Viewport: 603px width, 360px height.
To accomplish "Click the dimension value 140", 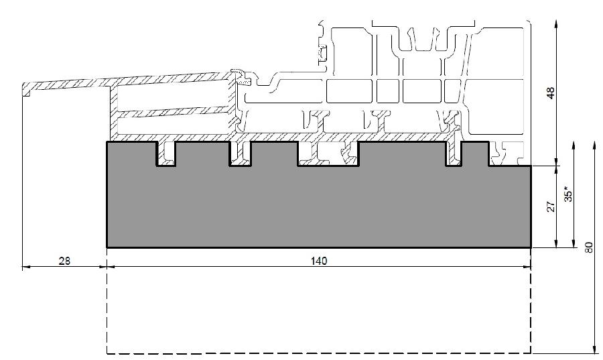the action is [319, 261].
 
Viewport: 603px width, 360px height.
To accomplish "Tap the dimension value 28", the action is [64, 261].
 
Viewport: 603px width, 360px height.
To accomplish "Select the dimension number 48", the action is [551, 93].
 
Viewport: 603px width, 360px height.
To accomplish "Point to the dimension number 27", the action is [551, 206].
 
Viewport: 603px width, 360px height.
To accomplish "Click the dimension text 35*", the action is [568, 194].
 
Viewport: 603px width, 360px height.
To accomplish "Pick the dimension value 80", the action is [589, 247].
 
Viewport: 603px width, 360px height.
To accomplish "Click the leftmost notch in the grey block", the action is [166, 154].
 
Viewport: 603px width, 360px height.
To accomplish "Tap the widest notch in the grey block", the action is [328, 154].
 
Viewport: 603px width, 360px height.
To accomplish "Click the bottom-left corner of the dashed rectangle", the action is [107, 353].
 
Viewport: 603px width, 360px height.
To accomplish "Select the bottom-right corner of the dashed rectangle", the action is [531, 353].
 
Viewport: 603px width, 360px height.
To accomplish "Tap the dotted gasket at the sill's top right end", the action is [243, 80].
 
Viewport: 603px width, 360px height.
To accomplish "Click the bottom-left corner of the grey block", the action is [107, 247].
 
